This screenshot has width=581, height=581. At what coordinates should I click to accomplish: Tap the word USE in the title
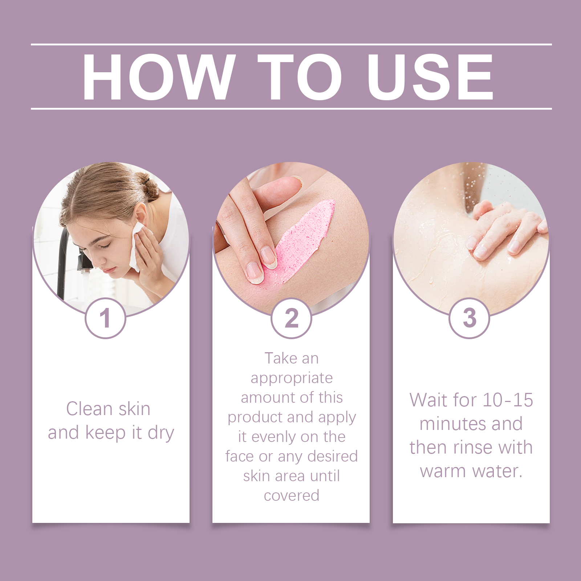pyautogui.click(x=430, y=77)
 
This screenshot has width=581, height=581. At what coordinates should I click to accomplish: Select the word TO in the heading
pyautogui.click(x=300, y=77)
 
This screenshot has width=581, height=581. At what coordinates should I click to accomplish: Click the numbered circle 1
pyautogui.click(x=105, y=318)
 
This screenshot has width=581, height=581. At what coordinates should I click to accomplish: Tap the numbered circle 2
pyautogui.click(x=291, y=318)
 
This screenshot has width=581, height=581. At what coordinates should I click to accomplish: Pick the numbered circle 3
pyautogui.click(x=469, y=318)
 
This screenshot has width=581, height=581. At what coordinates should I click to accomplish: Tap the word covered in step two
pyautogui.click(x=292, y=496)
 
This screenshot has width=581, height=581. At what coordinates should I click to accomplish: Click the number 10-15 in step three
pyautogui.click(x=508, y=400)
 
